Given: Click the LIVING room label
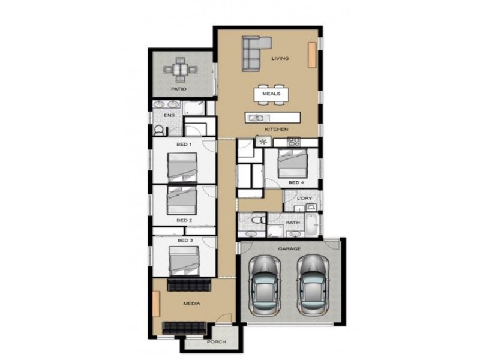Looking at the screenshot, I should (280, 59).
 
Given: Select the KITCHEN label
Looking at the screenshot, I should (277, 130).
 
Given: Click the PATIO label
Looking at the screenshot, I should (178, 89).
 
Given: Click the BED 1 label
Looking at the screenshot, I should (184, 145).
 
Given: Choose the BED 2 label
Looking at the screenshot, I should (184, 220).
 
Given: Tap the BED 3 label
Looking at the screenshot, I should (185, 241).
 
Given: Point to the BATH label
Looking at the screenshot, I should (293, 223).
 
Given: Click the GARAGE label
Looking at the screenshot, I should (289, 248).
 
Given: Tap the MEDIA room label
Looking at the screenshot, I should (192, 304).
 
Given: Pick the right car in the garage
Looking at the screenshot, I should (313, 286).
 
